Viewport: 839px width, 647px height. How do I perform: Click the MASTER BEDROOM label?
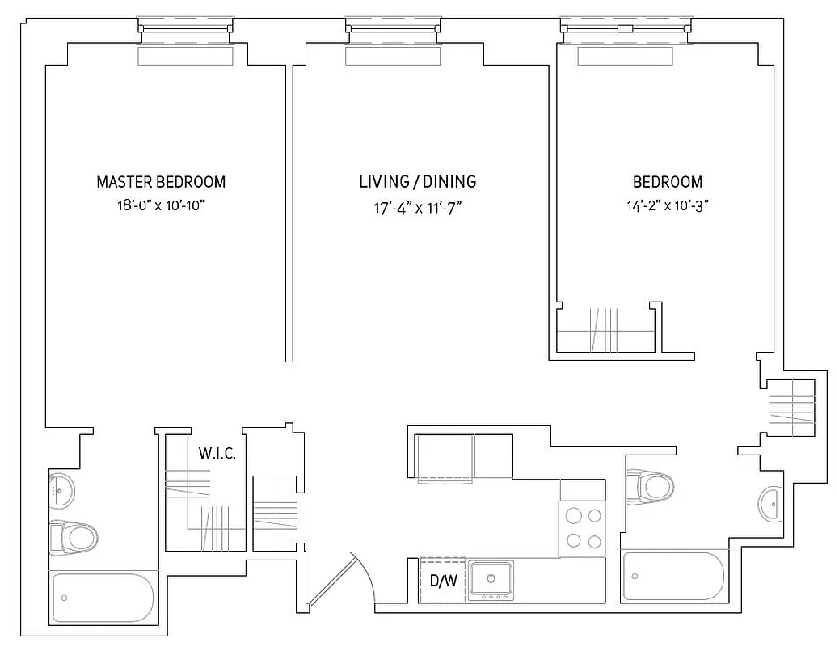[161, 182]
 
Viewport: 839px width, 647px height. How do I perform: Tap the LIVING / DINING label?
[417, 182]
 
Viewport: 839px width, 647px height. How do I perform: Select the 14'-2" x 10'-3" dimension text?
[667, 205]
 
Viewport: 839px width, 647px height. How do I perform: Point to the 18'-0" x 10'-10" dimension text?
[161, 205]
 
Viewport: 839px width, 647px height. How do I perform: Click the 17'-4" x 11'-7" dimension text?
[417, 207]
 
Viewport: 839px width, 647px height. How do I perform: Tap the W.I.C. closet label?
[217, 454]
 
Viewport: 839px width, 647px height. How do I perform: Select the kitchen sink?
[491, 579]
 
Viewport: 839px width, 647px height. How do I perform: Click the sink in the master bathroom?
[61, 488]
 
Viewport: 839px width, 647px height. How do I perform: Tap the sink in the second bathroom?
[771, 505]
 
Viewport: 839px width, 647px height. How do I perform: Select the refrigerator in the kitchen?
[445, 458]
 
